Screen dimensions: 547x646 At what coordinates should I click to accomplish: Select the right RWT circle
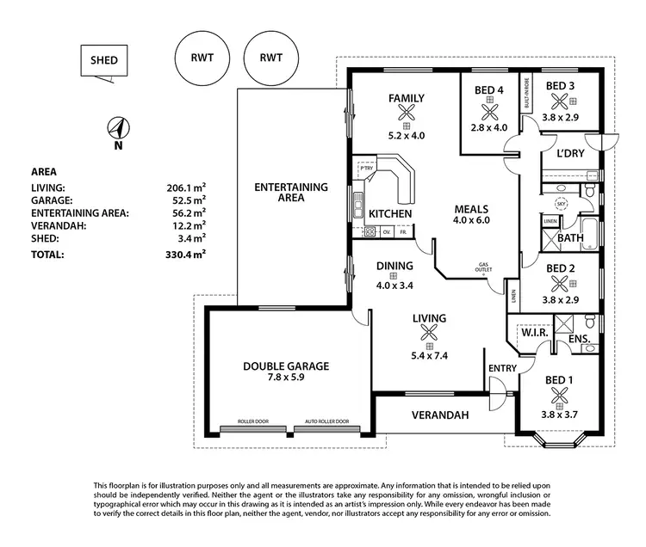tap(269, 58)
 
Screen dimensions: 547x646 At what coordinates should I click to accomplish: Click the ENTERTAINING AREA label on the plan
tap(291, 192)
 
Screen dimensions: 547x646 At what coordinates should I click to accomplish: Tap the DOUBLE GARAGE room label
tap(285, 366)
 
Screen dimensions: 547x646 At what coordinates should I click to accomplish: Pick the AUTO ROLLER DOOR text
tap(327, 422)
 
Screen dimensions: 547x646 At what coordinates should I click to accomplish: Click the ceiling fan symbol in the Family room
tap(407, 111)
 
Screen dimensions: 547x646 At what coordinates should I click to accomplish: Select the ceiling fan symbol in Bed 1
tap(560, 396)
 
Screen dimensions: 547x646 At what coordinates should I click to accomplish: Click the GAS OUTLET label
tap(486, 267)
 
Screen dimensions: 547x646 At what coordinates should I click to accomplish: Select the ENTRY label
tap(501, 368)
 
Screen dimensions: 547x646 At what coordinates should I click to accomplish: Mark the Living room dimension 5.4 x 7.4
tap(429, 331)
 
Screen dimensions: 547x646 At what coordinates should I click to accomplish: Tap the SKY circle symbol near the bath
tap(561, 204)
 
